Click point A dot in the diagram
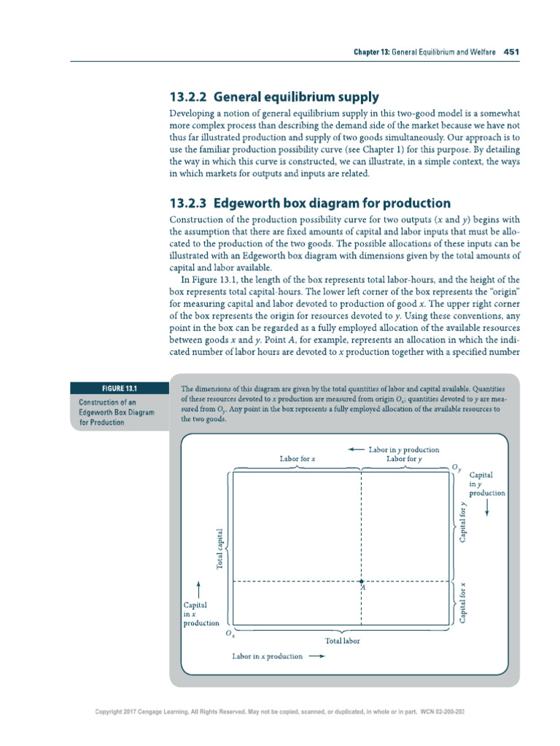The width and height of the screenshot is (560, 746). pyautogui.click(x=362, y=581)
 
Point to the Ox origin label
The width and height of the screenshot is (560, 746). pyautogui.click(x=230, y=635)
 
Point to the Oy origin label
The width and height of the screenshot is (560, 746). pyautogui.click(x=456, y=466)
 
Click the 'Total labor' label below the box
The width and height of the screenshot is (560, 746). pyautogui.click(x=342, y=641)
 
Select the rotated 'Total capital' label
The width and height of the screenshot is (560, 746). pyautogui.click(x=219, y=548)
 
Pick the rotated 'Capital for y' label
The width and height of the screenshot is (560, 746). pyautogui.click(x=462, y=522)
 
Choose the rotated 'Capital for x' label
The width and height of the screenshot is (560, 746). pyautogui.click(x=462, y=602)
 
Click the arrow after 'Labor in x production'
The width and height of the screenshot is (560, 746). pyautogui.click(x=316, y=656)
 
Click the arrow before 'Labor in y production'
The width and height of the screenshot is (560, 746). pyautogui.click(x=356, y=449)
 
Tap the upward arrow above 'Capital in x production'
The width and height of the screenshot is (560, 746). pyautogui.click(x=199, y=587)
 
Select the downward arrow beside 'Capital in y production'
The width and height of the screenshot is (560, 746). pyautogui.click(x=486, y=510)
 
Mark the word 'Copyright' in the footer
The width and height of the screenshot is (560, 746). pyautogui.click(x=114, y=711)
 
